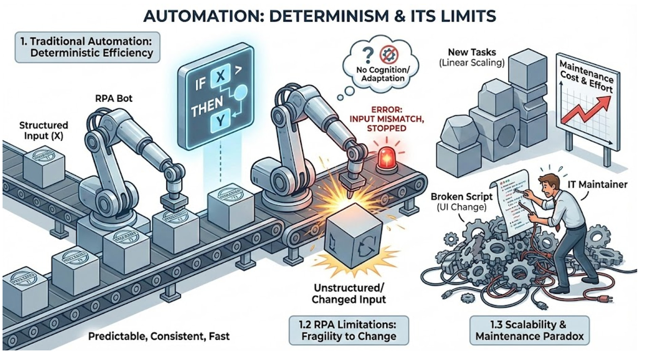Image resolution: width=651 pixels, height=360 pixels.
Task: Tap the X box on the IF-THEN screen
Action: (220, 75)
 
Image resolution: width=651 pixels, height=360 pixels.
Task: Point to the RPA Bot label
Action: (114, 99)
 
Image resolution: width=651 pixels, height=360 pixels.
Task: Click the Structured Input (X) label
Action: (43, 131)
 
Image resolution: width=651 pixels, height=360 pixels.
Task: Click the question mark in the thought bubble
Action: (368, 54)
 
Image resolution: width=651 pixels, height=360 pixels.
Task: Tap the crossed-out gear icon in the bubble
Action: (389, 55)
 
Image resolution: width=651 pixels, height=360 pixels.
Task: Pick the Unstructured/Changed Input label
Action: (349, 294)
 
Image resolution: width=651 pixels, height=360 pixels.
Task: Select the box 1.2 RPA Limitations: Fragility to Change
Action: (349, 330)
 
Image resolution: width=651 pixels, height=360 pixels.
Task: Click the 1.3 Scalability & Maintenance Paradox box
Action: (529, 330)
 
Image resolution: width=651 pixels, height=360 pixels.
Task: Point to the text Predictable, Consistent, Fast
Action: (159, 336)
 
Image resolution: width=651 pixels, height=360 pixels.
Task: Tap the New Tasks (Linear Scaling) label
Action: (472, 57)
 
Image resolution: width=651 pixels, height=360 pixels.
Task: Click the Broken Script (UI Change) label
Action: (461, 202)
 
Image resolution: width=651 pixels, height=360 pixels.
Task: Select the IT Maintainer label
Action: (597, 184)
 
